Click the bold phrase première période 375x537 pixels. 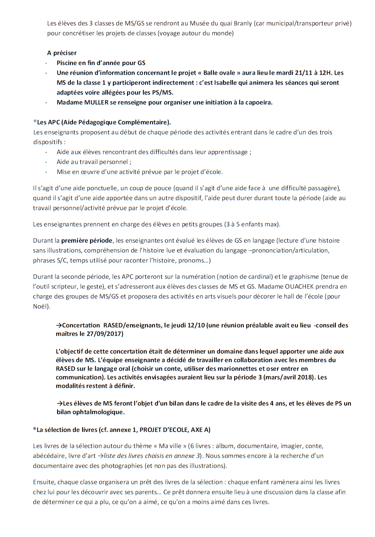click(x=87, y=241)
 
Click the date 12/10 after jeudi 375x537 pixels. click(x=195, y=325)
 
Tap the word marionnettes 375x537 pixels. click(x=247, y=369)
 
